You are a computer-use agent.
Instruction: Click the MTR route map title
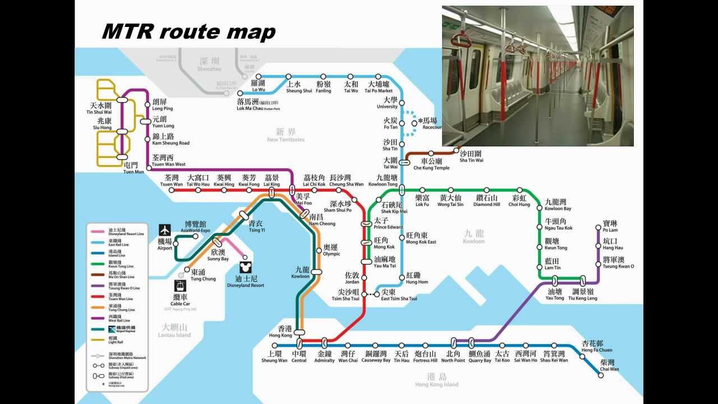click(188, 32)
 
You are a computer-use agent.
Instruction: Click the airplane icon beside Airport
click(165, 229)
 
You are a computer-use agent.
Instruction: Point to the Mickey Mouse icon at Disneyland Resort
click(245, 267)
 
